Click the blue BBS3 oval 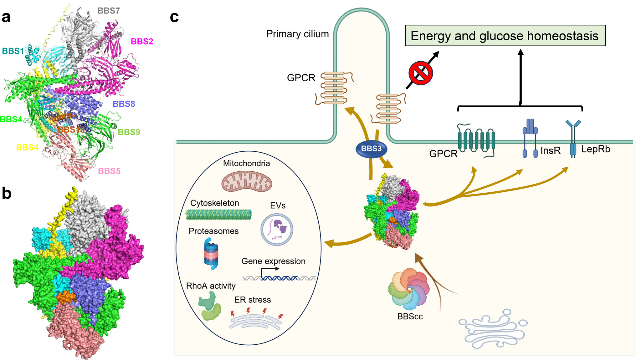coord(371,149)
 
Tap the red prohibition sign coord(421,73)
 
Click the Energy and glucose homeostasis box coord(505,36)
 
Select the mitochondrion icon coord(247,181)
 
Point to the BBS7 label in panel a coord(109,11)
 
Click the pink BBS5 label coord(109,171)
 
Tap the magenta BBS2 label coord(142,41)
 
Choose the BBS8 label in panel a coord(124,104)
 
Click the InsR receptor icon coord(530,138)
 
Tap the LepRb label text coord(596,149)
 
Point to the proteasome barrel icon coord(211,254)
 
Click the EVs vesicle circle coord(277,230)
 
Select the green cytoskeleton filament coord(218,214)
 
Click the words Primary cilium coord(297,34)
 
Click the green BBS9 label coord(129,132)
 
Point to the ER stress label coord(253,300)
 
